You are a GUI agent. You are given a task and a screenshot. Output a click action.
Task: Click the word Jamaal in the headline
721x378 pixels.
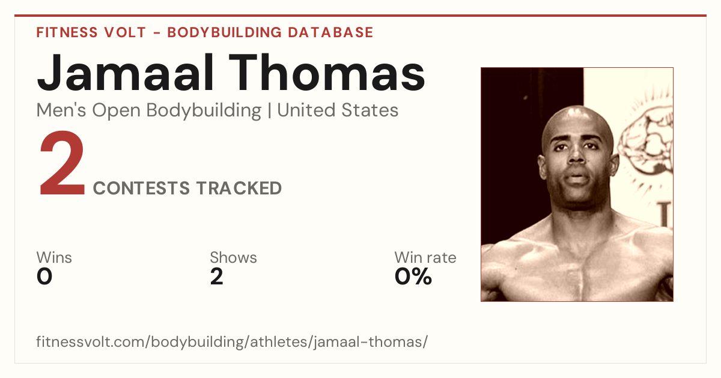(x=126, y=73)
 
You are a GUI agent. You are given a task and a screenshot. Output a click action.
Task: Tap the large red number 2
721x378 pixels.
(x=62, y=163)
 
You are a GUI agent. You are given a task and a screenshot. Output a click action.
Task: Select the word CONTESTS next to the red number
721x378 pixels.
(x=141, y=188)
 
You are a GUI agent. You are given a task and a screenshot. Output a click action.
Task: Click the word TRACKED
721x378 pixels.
(x=239, y=188)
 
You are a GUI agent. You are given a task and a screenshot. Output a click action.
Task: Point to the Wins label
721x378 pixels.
(x=54, y=257)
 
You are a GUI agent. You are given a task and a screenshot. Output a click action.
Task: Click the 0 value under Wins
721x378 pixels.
(x=44, y=277)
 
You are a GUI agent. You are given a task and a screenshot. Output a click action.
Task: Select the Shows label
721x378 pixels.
(x=233, y=257)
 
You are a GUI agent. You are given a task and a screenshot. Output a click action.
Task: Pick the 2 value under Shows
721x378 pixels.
(x=217, y=277)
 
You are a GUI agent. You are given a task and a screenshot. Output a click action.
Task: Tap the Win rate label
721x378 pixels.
(x=425, y=257)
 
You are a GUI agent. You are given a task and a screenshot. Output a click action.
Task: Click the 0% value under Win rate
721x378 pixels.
(x=413, y=277)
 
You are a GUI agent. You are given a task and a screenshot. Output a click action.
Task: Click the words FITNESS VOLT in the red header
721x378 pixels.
(x=91, y=32)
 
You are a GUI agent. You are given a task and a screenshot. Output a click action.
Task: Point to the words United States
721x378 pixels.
(x=338, y=110)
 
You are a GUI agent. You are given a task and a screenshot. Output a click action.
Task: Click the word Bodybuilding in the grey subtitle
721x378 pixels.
(x=204, y=111)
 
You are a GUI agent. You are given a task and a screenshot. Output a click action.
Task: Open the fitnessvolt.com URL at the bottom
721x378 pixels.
(x=232, y=341)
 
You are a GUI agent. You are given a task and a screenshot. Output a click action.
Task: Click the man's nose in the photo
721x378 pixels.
(x=576, y=154)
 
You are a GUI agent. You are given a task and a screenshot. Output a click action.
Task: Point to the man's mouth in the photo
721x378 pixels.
(x=577, y=177)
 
